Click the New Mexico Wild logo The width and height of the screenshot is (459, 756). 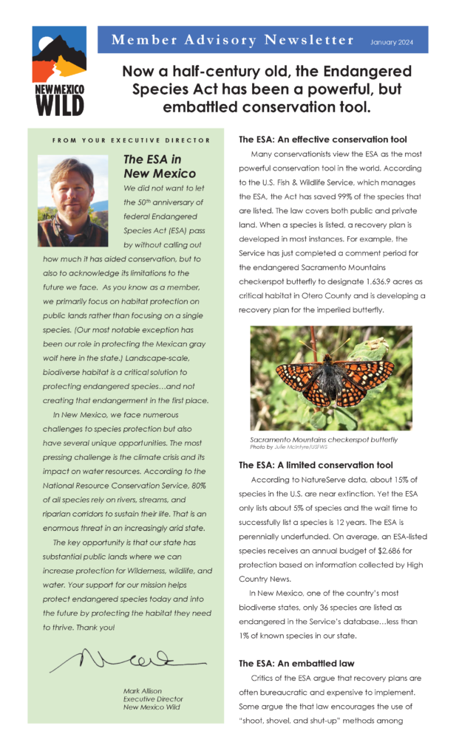pyautogui.click(x=58, y=71)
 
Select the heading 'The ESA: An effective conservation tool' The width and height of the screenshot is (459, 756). pyautogui.click(x=322, y=140)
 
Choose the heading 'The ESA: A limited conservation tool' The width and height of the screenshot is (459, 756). pyautogui.click(x=316, y=465)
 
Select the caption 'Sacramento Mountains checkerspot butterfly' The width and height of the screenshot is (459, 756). pyautogui.click(x=323, y=440)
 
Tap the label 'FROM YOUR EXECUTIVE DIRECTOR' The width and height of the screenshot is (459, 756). pyautogui.click(x=131, y=140)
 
